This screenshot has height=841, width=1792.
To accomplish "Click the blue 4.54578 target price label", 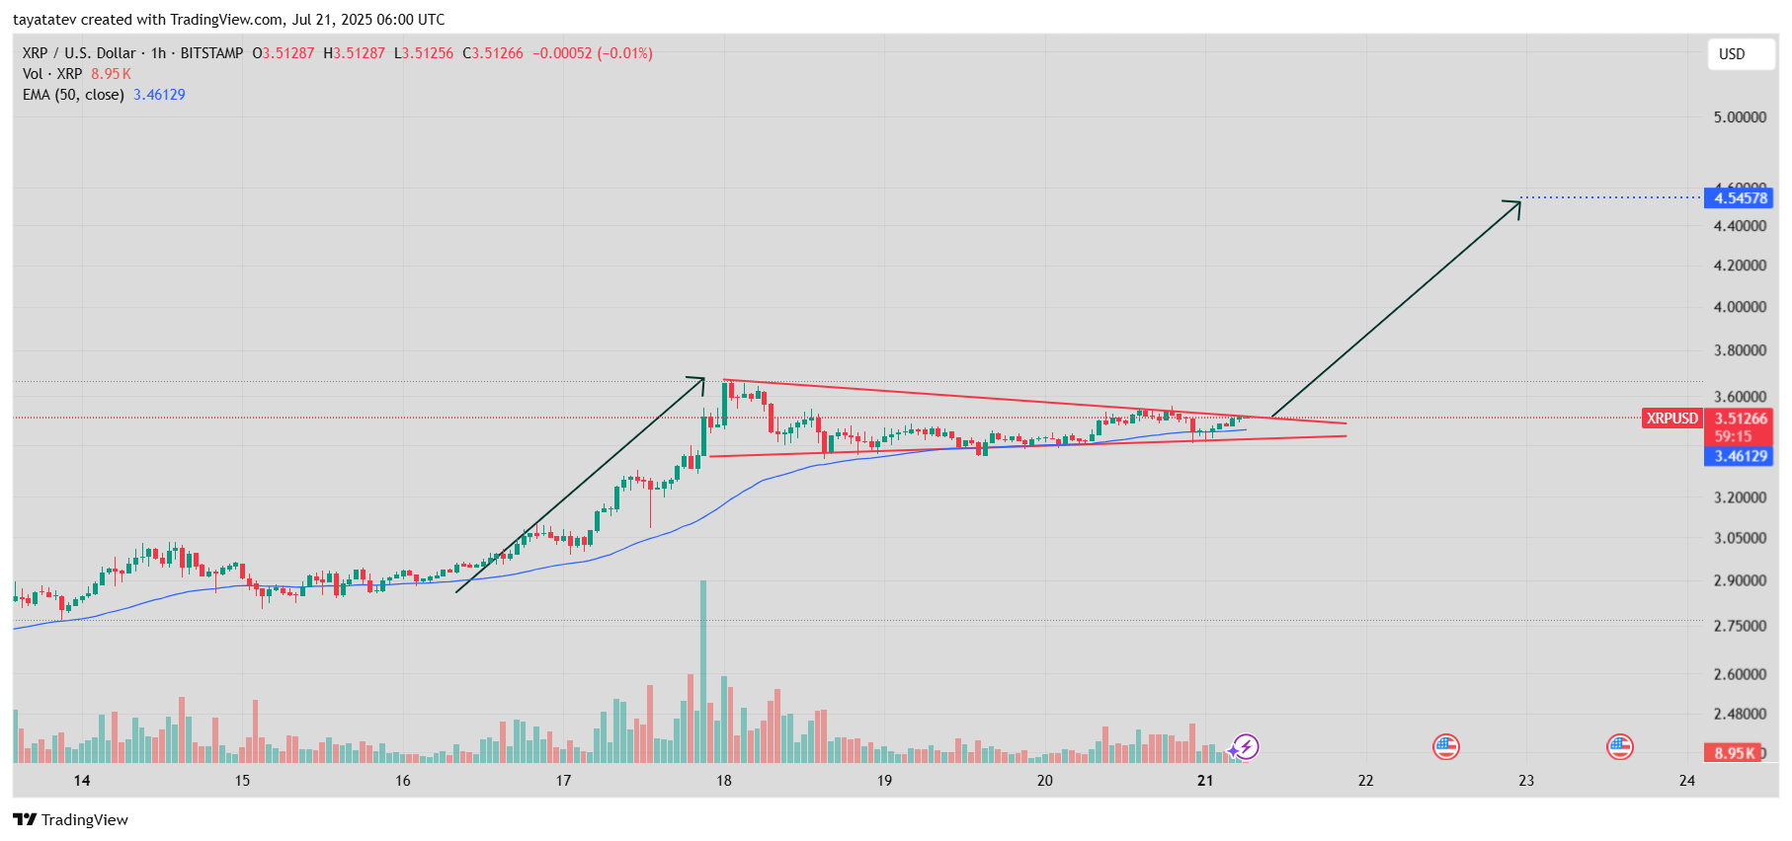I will coord(1739,198).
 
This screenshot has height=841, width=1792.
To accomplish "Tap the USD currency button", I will coord(1732,54).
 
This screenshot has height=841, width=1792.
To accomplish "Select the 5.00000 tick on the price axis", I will coord(1740,117).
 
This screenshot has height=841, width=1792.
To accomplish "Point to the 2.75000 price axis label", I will coord(1740,626).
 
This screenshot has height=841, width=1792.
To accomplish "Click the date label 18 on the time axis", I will coord(724,781).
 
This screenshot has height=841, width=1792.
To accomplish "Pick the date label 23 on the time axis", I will coord(1526,781).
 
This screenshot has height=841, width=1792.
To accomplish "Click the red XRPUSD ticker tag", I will coord(1671,419).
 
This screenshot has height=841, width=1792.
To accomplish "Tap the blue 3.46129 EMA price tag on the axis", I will coord(1740,456).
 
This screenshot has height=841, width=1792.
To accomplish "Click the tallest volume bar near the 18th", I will coord(703,671).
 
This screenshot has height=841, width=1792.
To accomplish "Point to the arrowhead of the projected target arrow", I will coord(1516,203).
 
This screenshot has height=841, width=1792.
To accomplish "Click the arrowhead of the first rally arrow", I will coord(700,380).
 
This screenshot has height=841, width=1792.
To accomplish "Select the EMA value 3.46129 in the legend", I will coord(159,95).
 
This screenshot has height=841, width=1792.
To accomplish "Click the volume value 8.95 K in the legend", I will coord(111,74).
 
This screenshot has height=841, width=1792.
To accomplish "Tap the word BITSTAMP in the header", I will coord(211,53).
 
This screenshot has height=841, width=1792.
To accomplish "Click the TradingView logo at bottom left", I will coord(70,819).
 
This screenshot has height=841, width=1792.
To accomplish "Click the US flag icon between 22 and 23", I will coord(1446,746).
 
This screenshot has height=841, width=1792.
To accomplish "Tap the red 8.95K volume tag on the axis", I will coord(1734,753).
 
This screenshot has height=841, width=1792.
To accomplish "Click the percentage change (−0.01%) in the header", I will coord(624,53).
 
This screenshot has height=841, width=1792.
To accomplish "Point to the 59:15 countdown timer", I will coord(1733,436).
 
